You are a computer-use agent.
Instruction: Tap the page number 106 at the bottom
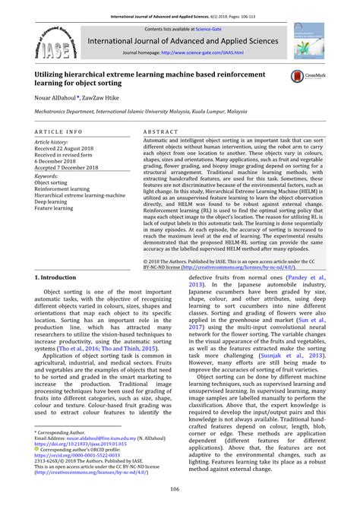tap(180, 488)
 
